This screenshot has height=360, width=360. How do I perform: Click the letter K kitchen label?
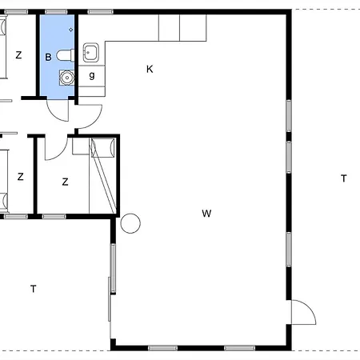[150, 69]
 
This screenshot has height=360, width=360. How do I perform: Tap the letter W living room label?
[206, 214]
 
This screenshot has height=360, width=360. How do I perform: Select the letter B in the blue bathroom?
[48, 57]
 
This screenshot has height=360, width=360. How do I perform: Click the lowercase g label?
[92, 76]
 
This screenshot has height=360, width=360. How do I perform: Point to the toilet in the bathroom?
[66, 55]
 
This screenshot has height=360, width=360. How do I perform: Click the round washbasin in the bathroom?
[66, 78]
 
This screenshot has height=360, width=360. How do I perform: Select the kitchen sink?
[91, 53]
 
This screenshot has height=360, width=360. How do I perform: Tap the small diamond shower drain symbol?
[70, 30]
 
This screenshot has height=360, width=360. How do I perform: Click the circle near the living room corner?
[130, 223]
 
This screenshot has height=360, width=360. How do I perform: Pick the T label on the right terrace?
[344, 178]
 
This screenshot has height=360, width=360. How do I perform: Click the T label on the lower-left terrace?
[34, 289]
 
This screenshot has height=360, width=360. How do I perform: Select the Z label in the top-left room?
[18, 55]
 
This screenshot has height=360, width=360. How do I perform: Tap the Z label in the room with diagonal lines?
[65, 182]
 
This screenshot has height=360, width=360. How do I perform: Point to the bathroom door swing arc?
[54, 115]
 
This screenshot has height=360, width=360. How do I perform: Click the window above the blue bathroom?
[56, 12]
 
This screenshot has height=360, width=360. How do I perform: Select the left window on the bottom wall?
[162, 348]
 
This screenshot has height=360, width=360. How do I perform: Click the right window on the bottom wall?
[240, 348]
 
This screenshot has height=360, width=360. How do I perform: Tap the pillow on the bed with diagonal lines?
[103, 147]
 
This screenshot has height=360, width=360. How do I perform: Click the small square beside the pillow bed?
[81, 146]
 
